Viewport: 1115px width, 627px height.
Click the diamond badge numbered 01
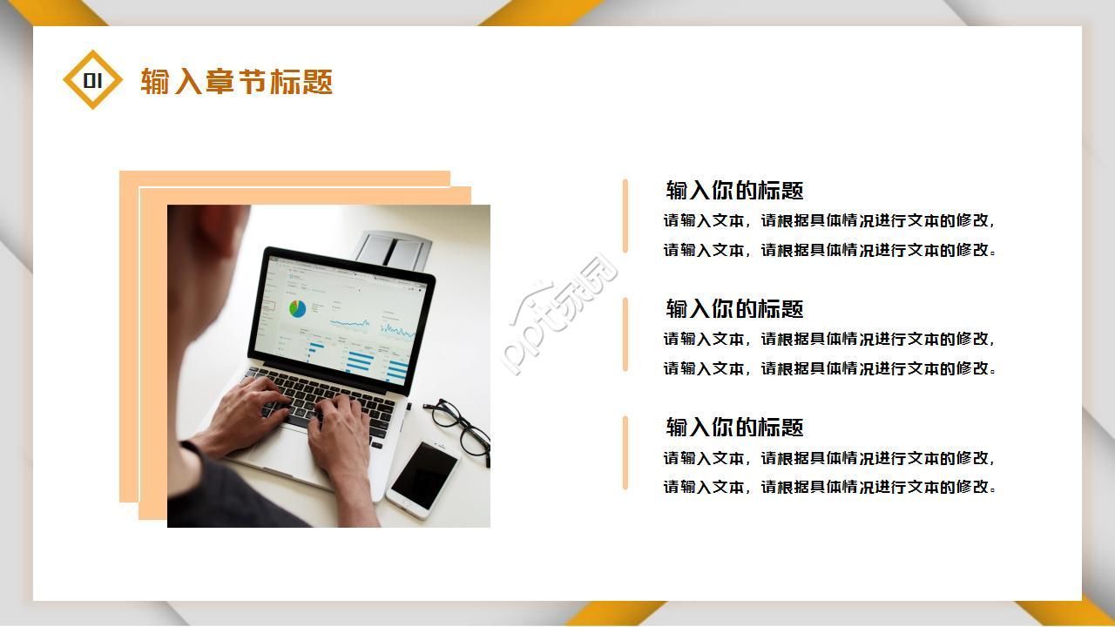[x=92, y=81]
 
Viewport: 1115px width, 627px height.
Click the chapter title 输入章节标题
[x=236, y=82]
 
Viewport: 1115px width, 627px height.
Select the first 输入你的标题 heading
[x=734, y=190]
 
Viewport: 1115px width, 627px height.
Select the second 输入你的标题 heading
[x=734, y=308]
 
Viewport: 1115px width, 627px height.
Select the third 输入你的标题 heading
[x=734, y=427]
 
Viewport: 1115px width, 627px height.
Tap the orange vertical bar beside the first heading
[x=625, y=216]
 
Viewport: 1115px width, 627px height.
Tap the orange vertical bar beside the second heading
[x=625, y=334]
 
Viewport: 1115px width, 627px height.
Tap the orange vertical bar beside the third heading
[x=625, y=453]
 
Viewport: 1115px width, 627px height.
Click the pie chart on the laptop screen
[x=298, y=308]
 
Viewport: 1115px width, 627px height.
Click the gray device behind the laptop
[x=392, y=249]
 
